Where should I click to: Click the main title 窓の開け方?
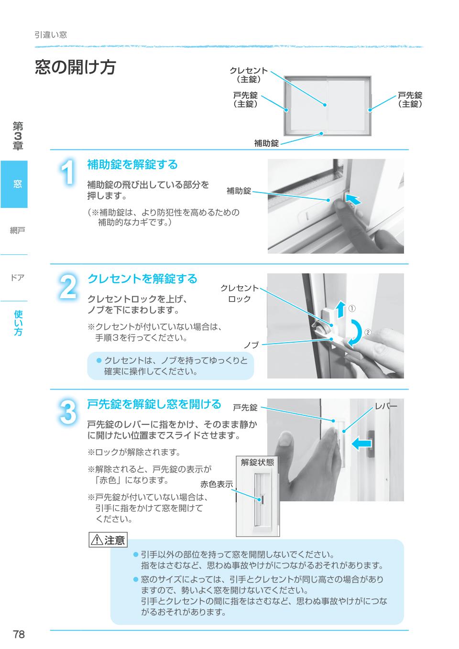click(76, 67)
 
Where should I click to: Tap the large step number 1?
click(68, 173)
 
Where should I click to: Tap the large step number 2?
click(68, 287)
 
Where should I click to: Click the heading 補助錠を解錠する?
click(132, 164)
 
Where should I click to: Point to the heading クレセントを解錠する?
click(142, 279)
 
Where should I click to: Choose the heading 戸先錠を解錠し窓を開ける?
click(154, 404)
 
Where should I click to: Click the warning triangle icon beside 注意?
click(97, 540)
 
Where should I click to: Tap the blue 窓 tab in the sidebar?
click(14, 184)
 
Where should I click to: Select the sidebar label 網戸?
click(17, 231)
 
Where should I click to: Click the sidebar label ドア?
click(17, 278)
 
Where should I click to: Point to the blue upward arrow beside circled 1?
click(341, 309)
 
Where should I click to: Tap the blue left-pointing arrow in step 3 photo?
click(361, 443)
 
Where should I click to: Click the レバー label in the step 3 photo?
click(386, 407)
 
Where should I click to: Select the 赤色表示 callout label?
click(217, 484)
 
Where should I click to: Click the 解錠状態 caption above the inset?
click(257, 462)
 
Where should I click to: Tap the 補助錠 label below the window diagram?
click(266, 143)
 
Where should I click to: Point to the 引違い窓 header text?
click(51, 35)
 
